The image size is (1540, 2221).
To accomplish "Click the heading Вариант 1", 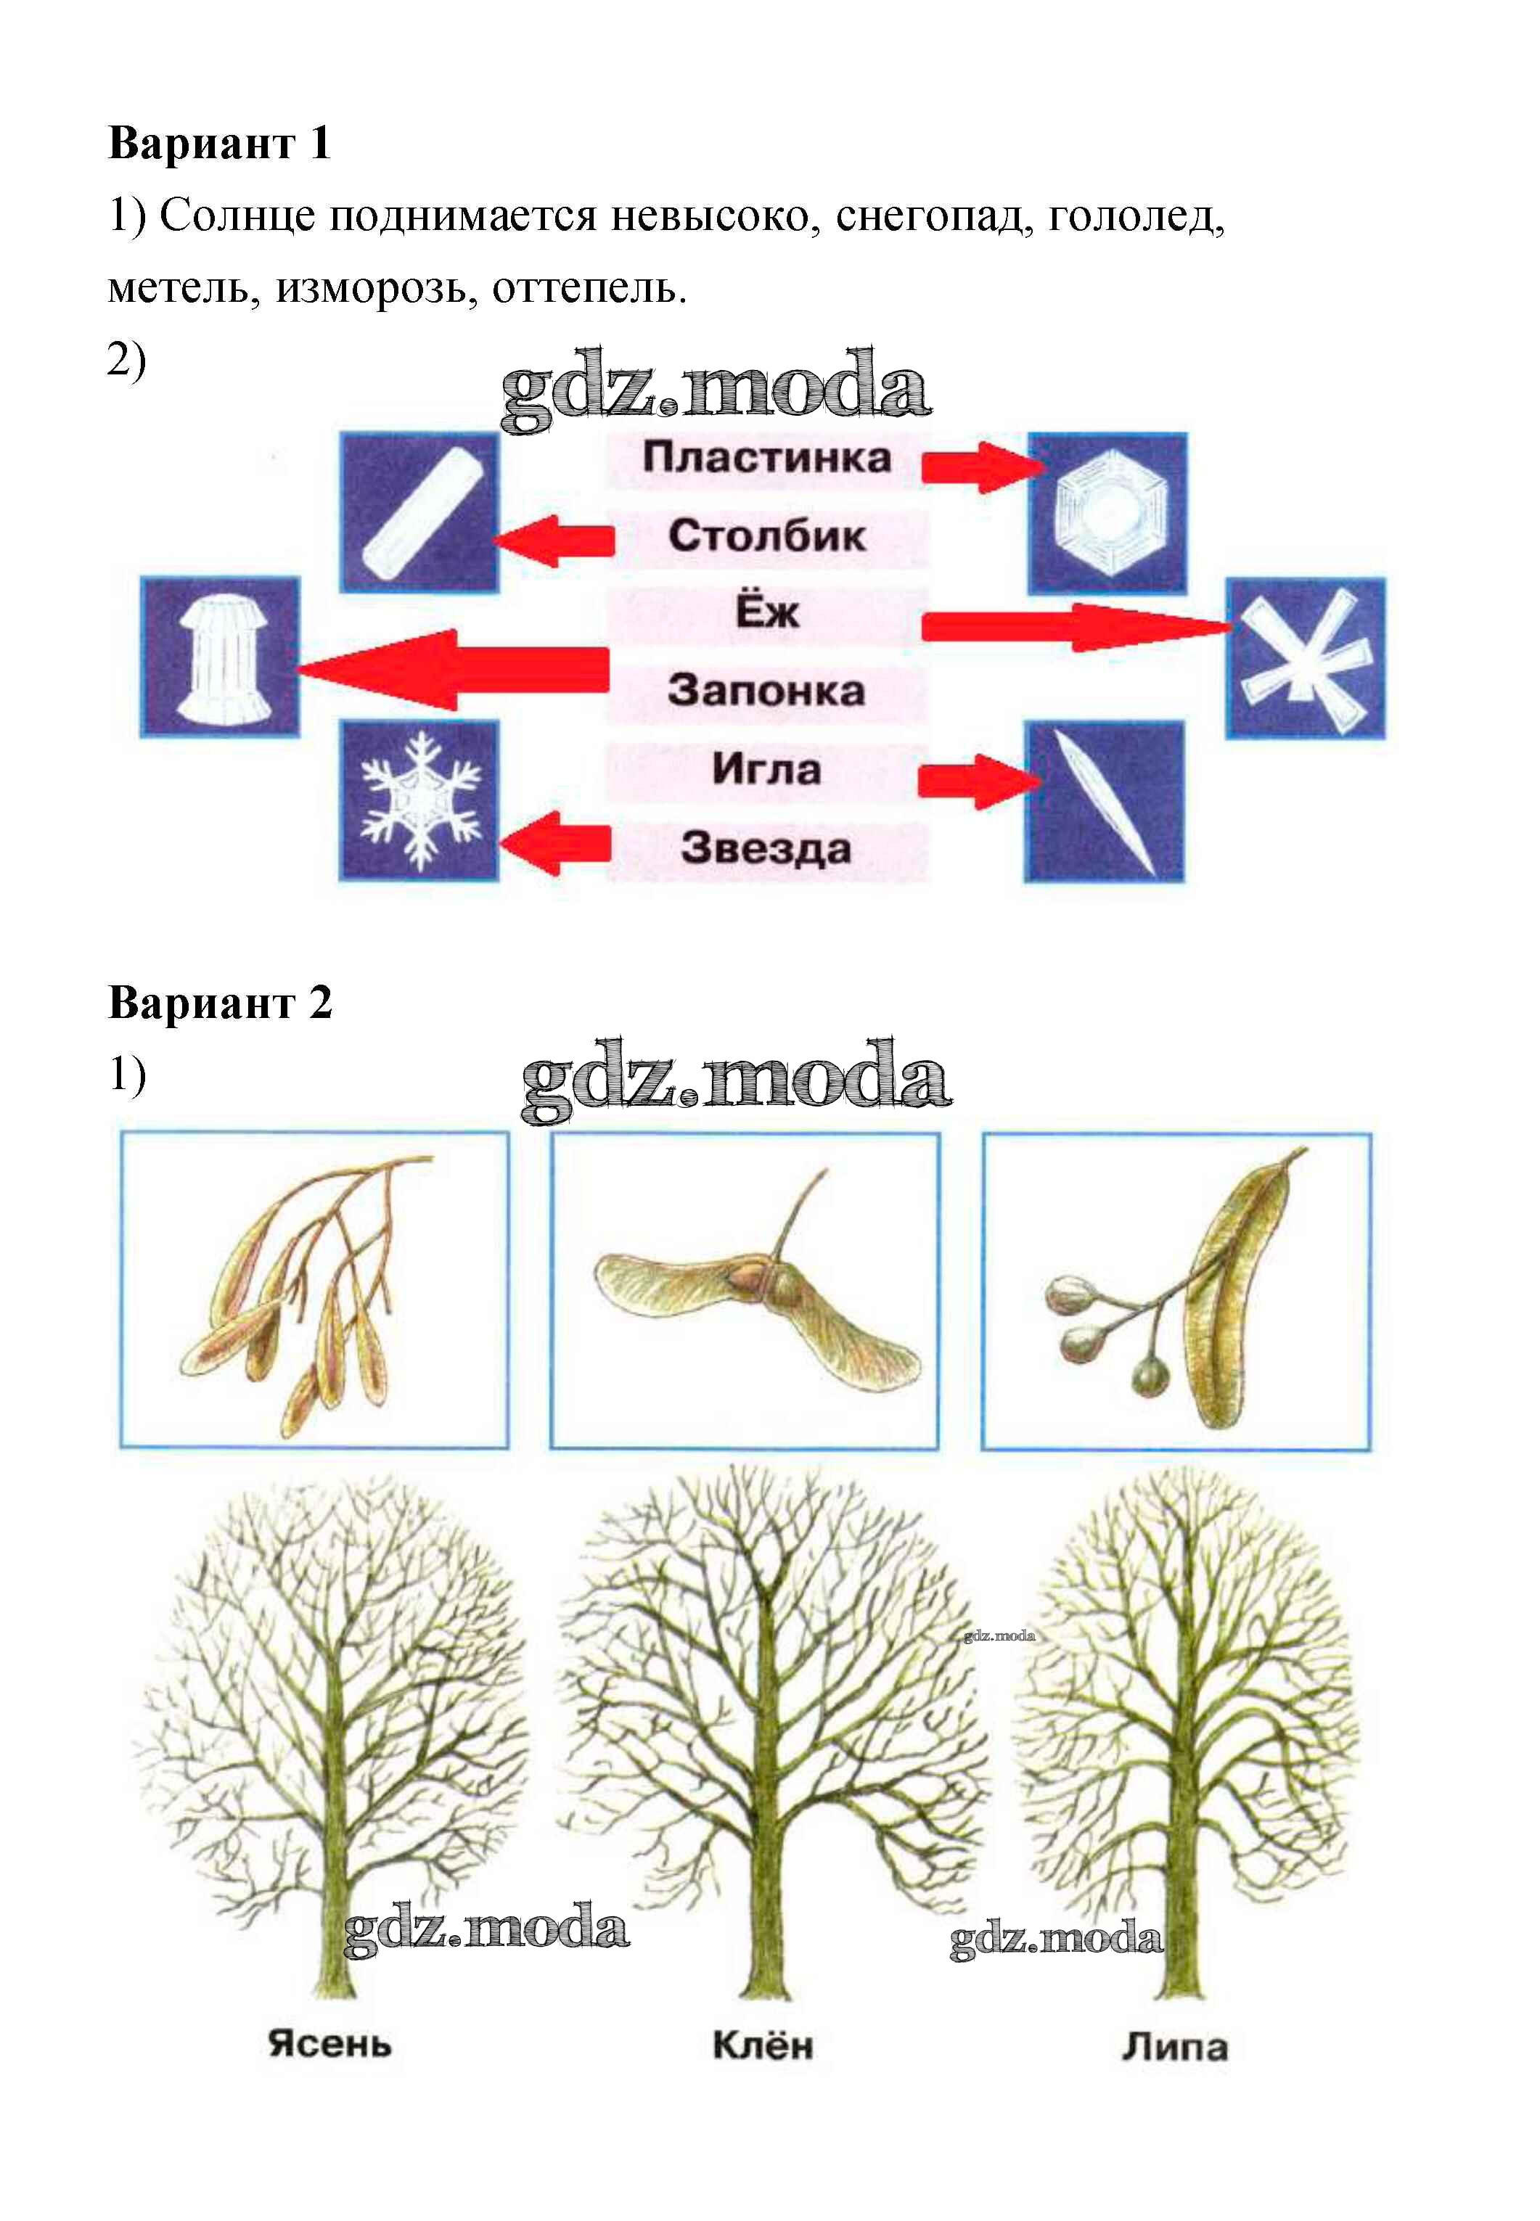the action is [x=220, y=143].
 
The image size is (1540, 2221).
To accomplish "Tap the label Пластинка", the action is [x=767, y=457].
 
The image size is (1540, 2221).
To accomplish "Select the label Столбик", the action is [x=767, y=535].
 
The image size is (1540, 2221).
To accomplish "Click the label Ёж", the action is [x=767, y=611].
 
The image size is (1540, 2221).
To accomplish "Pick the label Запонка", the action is [x=766, y=691].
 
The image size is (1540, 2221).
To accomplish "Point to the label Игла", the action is [x=767, y=770].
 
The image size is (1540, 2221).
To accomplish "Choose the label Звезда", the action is [x=767, y=848].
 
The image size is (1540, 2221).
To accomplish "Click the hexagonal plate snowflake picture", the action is [x=1107, y=513].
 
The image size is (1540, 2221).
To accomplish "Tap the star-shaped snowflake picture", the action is [x=419, y=801].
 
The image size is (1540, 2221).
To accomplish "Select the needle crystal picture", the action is [x=1104, y=802].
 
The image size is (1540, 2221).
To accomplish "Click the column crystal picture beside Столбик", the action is [x=419, y=512].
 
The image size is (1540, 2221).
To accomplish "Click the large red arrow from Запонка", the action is [x=454, y=670].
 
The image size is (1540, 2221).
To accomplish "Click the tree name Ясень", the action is [x=330, y=2043].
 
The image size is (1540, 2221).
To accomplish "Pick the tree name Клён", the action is [x=762, y=2043].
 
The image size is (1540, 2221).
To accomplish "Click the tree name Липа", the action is [x=1174, y=2045].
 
